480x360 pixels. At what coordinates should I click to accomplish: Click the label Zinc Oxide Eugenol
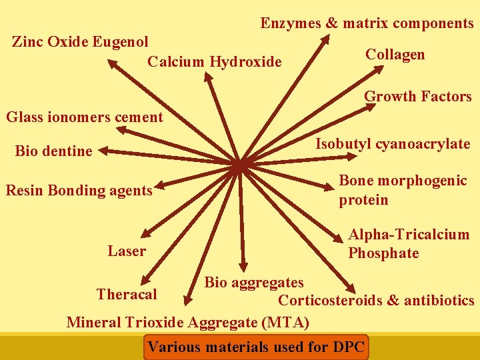coord(80,42)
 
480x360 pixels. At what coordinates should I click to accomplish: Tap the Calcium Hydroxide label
coord(215,62)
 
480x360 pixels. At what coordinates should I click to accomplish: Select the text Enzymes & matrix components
coord(367,23)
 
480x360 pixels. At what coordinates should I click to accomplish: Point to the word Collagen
coord(395,55)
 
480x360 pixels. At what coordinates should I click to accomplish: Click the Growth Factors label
coord(417,97)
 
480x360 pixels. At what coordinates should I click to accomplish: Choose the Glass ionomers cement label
coord(84,117)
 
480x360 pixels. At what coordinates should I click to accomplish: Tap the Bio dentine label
coord(53,151)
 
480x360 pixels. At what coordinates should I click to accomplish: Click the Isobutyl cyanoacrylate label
coord(393,144)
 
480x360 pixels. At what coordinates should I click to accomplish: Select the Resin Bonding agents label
coord(79,191)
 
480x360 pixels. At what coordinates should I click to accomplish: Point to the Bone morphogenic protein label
coord(403,190)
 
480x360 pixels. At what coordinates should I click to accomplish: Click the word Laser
coord(127,251)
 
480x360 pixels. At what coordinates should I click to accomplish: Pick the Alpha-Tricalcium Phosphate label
coord(408,243)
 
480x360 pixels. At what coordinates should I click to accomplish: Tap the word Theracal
coord(127,294)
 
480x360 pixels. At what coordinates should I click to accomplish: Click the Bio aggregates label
coord(254,283)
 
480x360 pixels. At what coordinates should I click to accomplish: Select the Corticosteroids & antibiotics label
coord(376,301)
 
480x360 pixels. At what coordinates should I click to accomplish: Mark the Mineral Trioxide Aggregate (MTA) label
coord(188,323)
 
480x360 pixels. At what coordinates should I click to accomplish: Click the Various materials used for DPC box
coord(256,347)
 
